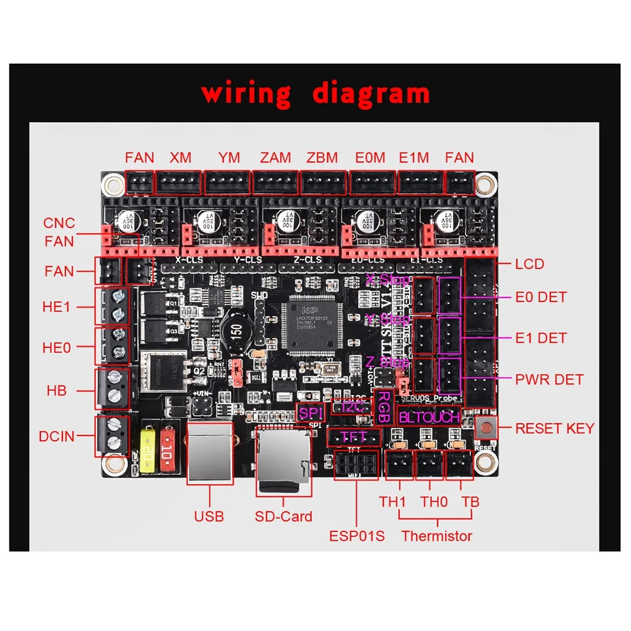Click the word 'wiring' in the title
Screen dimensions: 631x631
point(246,93)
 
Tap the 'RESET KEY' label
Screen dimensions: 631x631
point(555,429)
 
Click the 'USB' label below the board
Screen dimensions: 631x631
point(209,517)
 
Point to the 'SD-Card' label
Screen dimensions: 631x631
point(284,517)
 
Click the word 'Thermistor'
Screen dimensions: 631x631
point(437,537)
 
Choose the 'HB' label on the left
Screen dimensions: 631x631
point(57,391)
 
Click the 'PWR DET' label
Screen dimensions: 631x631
point(550,379)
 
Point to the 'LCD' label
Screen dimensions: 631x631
point(530,264)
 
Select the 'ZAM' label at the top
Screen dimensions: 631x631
point(275,158)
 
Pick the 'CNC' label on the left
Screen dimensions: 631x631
point(59,223)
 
